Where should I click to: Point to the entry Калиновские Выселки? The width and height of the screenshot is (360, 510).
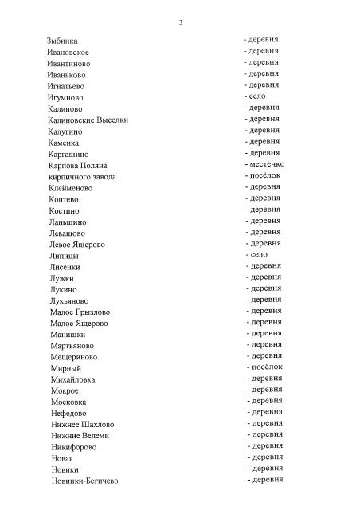88,120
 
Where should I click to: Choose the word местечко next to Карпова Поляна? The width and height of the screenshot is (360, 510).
266,163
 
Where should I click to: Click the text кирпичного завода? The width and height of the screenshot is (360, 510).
83,176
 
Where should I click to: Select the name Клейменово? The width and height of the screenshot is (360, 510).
71,188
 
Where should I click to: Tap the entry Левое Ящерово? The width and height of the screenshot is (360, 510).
77,244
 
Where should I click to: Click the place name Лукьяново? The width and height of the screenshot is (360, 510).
69,300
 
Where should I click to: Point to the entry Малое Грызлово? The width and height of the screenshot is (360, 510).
80,312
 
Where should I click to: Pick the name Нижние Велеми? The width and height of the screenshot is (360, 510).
80,436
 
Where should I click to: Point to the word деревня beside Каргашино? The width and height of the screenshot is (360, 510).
264,152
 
